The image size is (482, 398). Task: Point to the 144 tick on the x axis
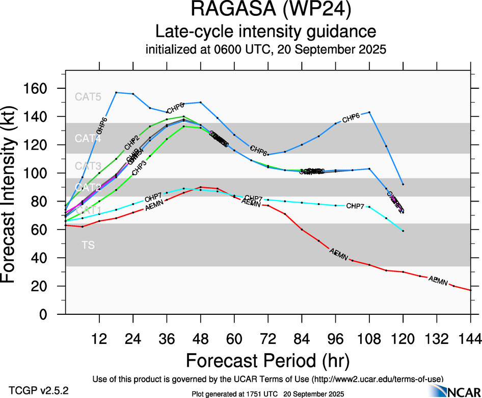(x=470, y=339)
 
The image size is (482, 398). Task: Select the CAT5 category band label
(x=88, y=96)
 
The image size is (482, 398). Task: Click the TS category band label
(x=88, y=245)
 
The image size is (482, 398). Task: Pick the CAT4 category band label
(x=88, y=138)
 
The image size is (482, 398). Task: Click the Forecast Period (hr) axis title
(x=267, y=360)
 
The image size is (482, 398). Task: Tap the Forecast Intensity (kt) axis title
(x=12, y=202)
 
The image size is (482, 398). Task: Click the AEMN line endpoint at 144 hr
(x=470, y=290)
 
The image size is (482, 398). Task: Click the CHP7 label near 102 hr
(x=355, y=206)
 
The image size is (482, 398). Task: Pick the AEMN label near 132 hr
(x=438, y=280)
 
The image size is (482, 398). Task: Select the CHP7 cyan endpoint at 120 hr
(x=403, y=231)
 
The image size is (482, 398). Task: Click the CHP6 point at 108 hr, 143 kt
(x=369, y=112)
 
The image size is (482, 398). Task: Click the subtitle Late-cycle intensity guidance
(x=266, y=32)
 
